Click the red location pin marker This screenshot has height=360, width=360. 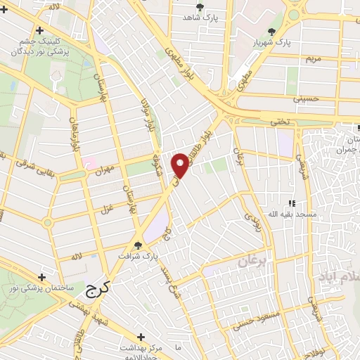coord(181,165)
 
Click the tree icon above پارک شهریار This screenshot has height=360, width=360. coord(272,31)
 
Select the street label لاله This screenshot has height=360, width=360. coord(74,257)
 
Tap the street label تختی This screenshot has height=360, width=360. coord(281,122)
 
